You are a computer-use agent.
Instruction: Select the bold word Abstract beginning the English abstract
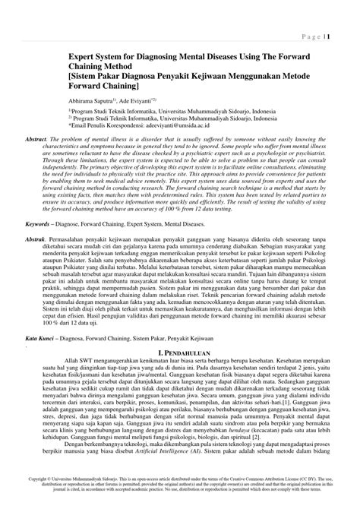point(36,142)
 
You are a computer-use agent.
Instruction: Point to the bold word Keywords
point(42,225)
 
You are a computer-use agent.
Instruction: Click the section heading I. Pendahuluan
point(182,353)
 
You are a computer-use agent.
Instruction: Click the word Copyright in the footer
point(38,480)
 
